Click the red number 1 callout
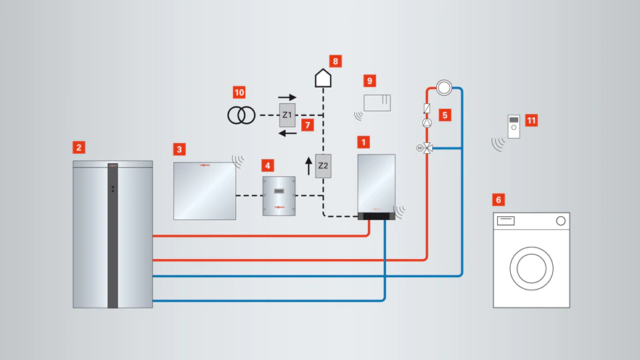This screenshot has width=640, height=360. (x=364, y=142)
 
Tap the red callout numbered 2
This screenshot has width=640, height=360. (x=79, y=147)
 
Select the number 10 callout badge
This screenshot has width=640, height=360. (x=239, y=92)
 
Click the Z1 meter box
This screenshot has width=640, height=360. (x=287, y=115)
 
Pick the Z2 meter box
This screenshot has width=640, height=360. (x=323, y=165)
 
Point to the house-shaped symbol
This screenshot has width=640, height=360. (x=323, y=78)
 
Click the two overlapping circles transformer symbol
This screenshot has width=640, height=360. (x=241, y=115)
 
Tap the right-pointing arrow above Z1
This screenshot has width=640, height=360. (x=287, y=97)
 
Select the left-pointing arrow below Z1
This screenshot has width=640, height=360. (x=287, y=133)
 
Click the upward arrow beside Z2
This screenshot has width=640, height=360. (x=308, y=166)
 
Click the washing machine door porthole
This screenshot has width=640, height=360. (x=531, y=269)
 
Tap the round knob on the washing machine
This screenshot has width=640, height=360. (x=561, y=221)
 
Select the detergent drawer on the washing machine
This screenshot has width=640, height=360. (x=505, y=221)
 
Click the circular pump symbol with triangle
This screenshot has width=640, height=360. (x=427, y=123)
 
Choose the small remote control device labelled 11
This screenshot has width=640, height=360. (x=514, y=126)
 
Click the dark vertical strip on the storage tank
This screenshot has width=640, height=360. (x=112, y=235)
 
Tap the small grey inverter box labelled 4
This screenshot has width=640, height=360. (x=279, y=196)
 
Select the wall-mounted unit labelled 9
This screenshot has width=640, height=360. (x=377, y=102)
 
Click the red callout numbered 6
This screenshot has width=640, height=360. (x=499, y=200)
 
